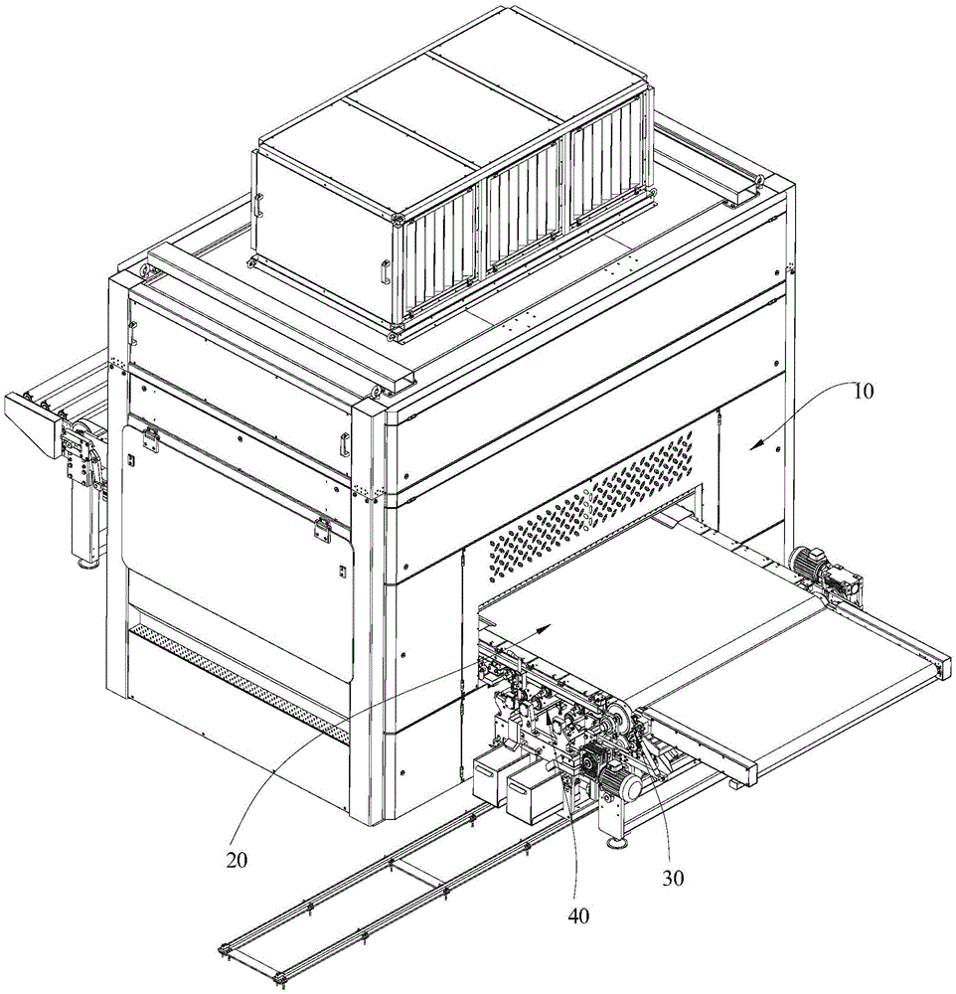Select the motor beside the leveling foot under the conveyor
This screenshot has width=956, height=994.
point(621,784)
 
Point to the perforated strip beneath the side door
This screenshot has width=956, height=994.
point(239,686)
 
